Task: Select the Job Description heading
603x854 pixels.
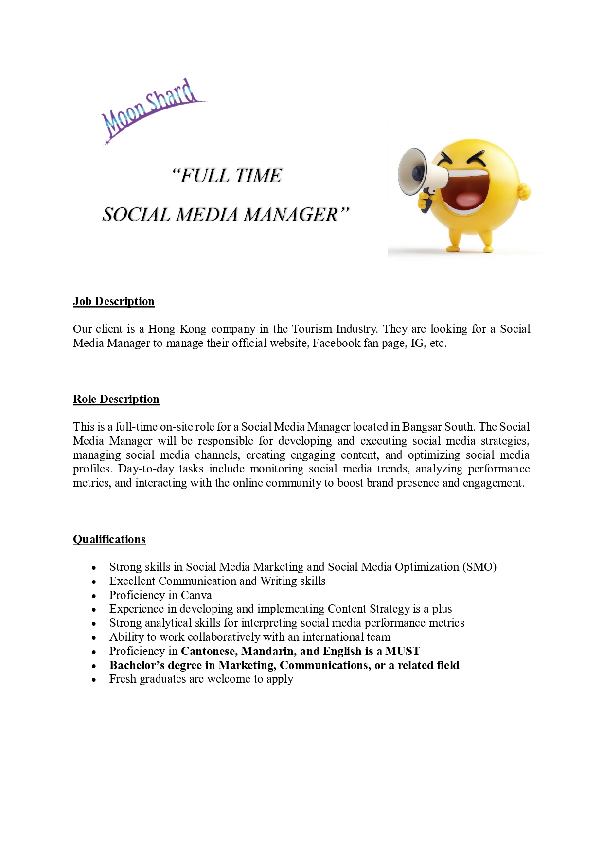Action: pos(114,302)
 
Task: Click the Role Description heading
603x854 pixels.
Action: pos(116,400)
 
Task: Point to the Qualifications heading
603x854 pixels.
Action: pos(109,540)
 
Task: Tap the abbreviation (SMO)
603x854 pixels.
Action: pos(479,567)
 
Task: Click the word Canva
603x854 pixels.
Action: pos(196,596)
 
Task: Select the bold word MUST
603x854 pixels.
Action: pos(403,652)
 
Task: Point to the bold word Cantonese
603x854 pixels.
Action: pos(209,652)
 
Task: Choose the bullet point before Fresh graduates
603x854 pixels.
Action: pos(94,680)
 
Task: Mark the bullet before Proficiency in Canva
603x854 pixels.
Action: pos(94,596)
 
